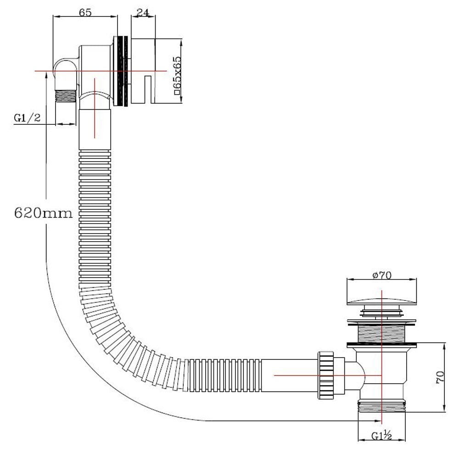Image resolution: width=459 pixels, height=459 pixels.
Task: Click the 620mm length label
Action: point(44,213)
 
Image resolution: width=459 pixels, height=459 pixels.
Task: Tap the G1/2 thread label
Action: point(27,118)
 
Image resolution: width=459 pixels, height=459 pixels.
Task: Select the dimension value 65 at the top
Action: point(85,12)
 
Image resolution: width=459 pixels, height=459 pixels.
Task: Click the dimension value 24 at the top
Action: point(144,12)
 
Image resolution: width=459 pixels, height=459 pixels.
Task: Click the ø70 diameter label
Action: point(381,275)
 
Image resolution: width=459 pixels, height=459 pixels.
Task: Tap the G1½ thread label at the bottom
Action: point(381,436)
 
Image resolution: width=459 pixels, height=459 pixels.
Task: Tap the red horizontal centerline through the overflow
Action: point(101,72)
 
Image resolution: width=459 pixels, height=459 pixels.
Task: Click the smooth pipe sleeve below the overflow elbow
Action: point(95,129)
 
